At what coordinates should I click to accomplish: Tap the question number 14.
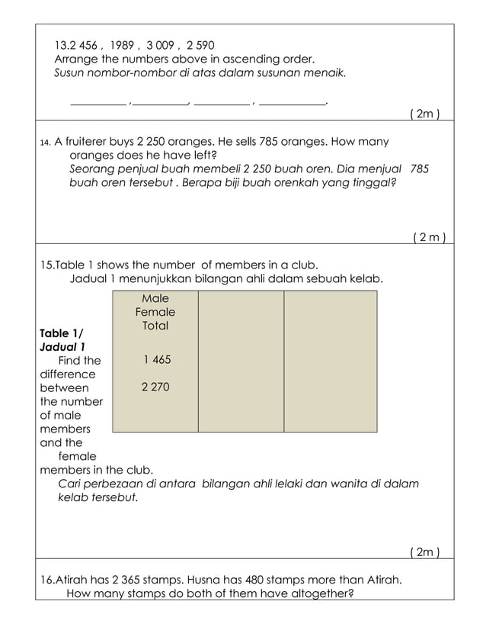point(44,142)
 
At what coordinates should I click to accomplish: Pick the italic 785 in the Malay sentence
point(420,169)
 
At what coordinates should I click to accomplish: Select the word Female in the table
point(155,312)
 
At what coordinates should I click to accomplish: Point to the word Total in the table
point(155,326)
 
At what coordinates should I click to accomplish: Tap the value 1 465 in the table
point(156,359)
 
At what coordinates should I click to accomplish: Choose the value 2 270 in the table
point(155,387)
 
